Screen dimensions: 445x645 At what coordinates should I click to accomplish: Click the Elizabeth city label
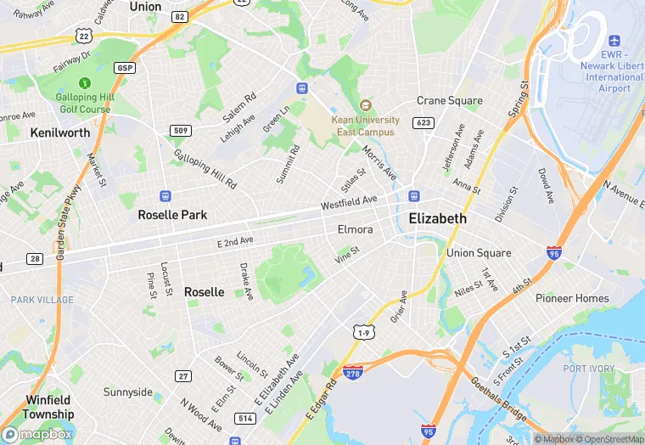437,218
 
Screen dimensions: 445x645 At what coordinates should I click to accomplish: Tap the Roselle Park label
172,215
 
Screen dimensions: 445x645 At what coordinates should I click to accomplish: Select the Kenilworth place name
59,132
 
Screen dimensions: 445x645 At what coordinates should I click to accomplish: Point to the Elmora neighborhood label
355,229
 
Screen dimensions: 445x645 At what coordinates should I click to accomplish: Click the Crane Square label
449,100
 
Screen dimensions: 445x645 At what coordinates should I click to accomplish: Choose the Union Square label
479,253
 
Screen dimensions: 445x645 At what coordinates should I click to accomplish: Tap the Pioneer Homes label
572,298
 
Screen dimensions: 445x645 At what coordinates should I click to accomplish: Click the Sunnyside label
128,392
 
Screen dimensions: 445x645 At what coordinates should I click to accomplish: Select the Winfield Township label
49,407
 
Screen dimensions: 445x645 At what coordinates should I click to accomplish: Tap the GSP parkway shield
126,67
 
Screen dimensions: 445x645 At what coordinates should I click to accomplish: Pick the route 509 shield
179,130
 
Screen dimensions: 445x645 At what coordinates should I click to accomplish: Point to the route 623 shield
423,123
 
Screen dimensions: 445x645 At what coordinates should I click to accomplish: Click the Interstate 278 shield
354,372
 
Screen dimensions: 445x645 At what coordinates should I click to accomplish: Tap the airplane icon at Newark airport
614,41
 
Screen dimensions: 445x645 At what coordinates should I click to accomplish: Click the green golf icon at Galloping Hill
84,83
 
